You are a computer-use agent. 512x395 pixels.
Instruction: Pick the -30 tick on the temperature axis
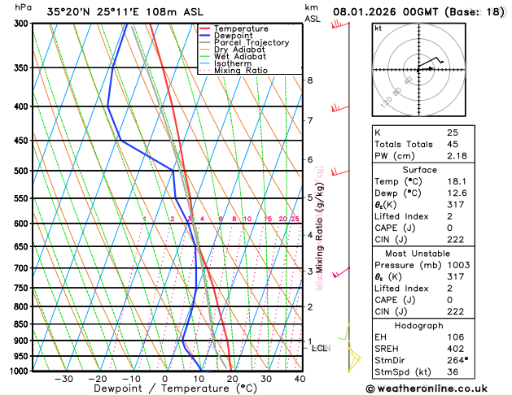click(63, 379)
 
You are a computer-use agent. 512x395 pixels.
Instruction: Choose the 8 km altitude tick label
click(309, 80)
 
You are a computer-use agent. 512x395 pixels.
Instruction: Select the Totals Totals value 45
click(453, 143)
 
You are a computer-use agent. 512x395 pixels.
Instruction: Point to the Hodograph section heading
click(424, 325)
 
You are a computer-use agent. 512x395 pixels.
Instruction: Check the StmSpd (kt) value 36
click(453, 373)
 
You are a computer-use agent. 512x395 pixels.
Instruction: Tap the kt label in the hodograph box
click(378, 28)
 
